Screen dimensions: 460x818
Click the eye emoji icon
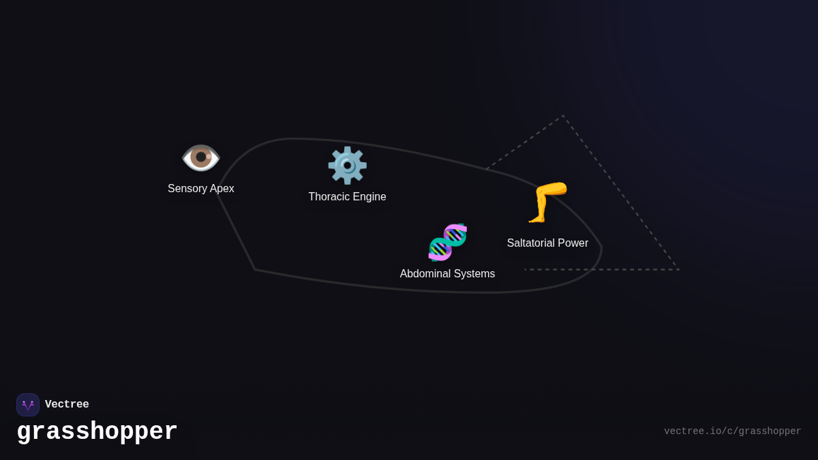tap(200, 157)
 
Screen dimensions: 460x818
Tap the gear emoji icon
tap(347, 166)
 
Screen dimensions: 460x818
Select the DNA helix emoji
tap(447, 243)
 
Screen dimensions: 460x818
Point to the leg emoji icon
tap(547, 202)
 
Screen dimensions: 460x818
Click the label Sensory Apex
tap(201, 189)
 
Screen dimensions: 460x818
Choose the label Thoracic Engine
tap(347, 197)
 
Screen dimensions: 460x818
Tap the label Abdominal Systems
tap(447, 274)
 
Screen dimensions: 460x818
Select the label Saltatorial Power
tap(547, 243)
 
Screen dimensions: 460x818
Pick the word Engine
tap(368, 197)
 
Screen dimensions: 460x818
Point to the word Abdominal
tap(426, 274)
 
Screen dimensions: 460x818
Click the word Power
tap(573, 243)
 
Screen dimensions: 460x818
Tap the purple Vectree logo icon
tap(28, 405)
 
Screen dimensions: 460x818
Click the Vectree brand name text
tap(67, 405)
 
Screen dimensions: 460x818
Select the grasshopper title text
tap(97, 432)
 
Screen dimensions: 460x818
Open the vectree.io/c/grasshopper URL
tap(732, 431)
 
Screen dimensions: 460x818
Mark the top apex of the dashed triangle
tap(563, 117)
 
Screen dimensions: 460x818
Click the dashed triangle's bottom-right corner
tap(678, 269)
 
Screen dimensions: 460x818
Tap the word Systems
tap(475, 274)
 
